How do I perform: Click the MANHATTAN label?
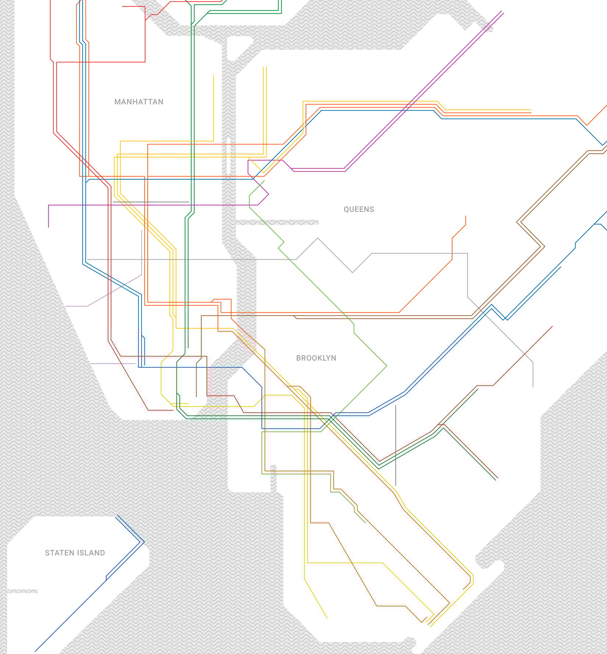pyautogui.click(x=139, y=102)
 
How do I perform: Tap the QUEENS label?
pyautogui.click(x=358, y=209)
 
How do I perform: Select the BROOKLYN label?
pyautogui.click(x=316, y=358)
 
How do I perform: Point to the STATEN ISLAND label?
pyautogui.click(x=75, y=553)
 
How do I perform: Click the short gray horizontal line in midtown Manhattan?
pyautogui.click(x=151, y=202)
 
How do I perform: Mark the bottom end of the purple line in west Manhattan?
pyautogui.click(x=49, y=227)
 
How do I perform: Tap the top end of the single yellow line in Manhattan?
pyautogui.click(x=213, y=77)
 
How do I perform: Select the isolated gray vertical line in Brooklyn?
pyautogui.click(x=396, y=445)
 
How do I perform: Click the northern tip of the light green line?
pyautogui.click(x=264, y=181)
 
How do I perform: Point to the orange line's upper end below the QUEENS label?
pyautogui.click(x=465, y=217)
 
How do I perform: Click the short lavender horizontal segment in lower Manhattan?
pyautogui.click(x=113, y=363)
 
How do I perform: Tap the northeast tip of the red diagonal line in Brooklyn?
pyautogui.click(x=552, y=327)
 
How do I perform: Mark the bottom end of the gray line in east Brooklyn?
pyautogui.click(x=533, y=386)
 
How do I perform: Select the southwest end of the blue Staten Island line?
pyautogui.click(x=35, y=651)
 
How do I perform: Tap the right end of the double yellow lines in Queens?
pyautogui.click(x=531, y=111)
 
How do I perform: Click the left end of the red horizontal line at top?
pyautogui.click(x=122, y=7)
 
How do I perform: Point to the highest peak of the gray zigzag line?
pyautogui.click(x=318, y=238)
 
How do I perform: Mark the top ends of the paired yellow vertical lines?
pyautogui.click(x=265, y=68)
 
